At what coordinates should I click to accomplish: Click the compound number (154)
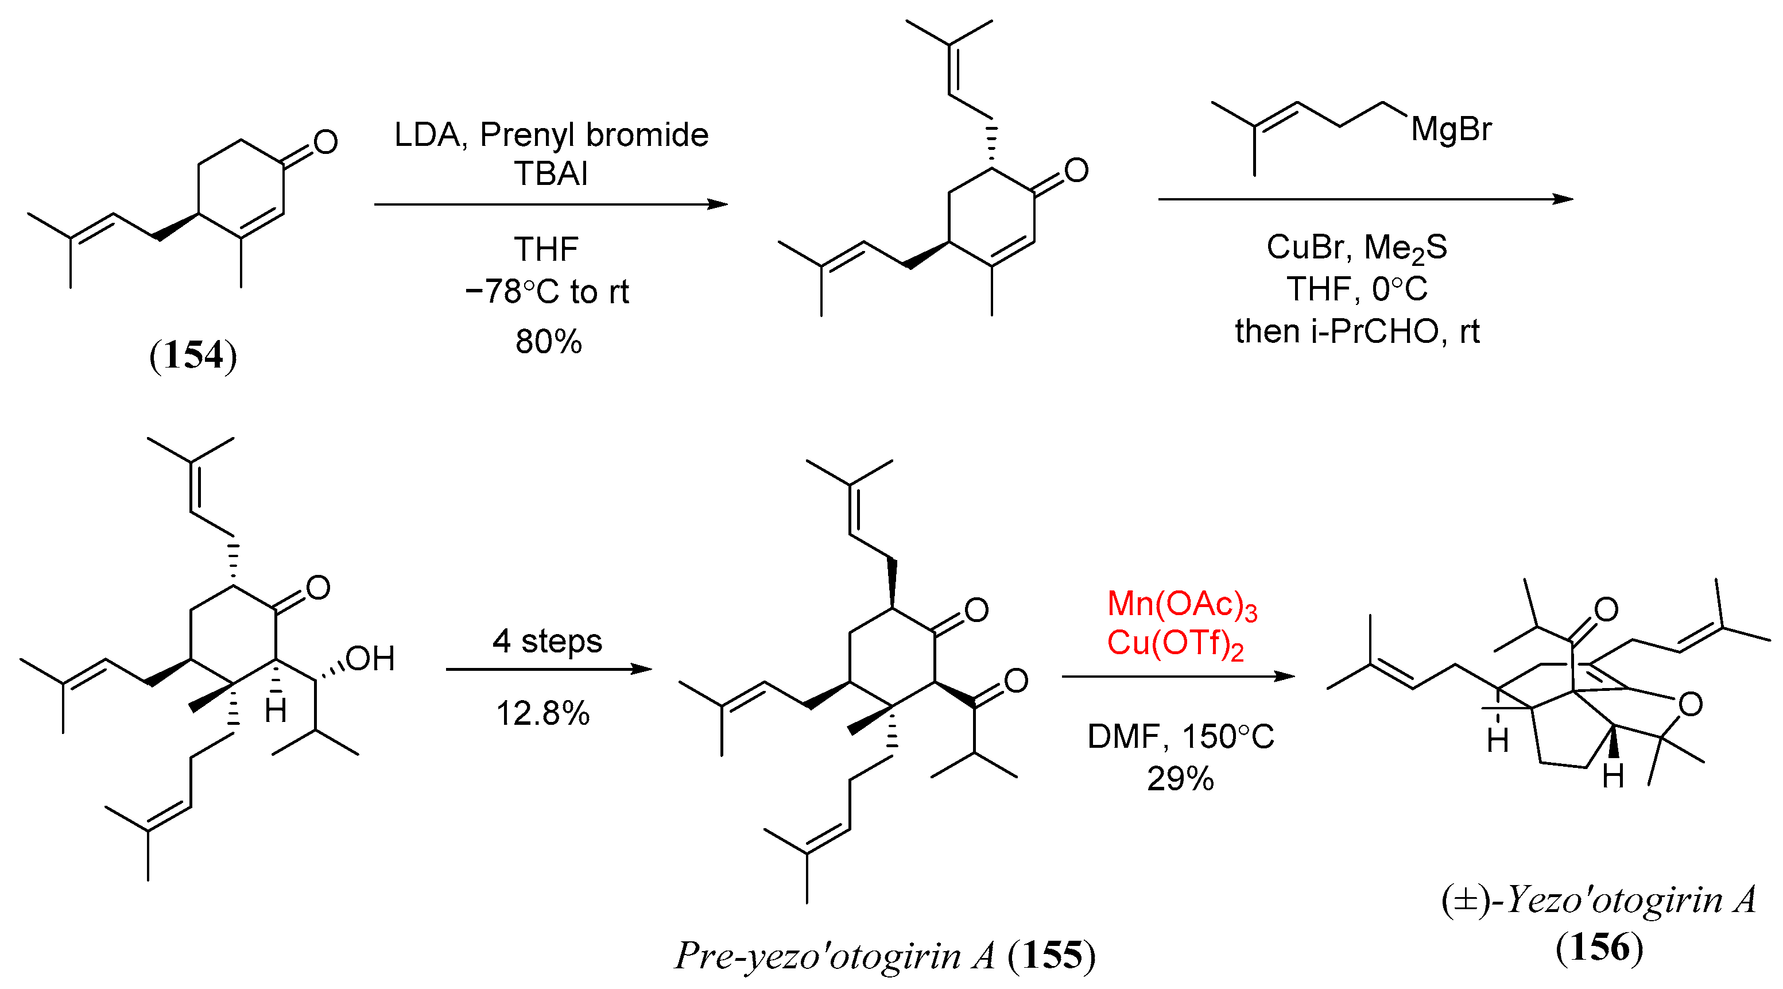(193, 356)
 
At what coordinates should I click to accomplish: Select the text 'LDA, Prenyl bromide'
(551, 134)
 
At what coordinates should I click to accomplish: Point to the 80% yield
(549, 341)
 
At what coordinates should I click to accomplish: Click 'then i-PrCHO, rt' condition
(1356, 332)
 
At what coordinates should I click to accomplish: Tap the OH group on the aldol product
(370, 659)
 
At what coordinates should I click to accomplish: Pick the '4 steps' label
(548, 640)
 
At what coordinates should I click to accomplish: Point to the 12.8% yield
(542, 713)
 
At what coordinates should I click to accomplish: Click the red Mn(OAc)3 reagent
(1181, 604)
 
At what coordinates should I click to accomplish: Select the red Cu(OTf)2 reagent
(1175, 644)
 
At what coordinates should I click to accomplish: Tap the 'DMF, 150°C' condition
(1180, 737)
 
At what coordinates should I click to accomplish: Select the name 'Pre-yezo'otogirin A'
(835, 956)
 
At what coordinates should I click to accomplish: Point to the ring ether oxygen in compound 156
(1690, 704)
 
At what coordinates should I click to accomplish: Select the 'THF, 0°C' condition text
(1356, 289)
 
